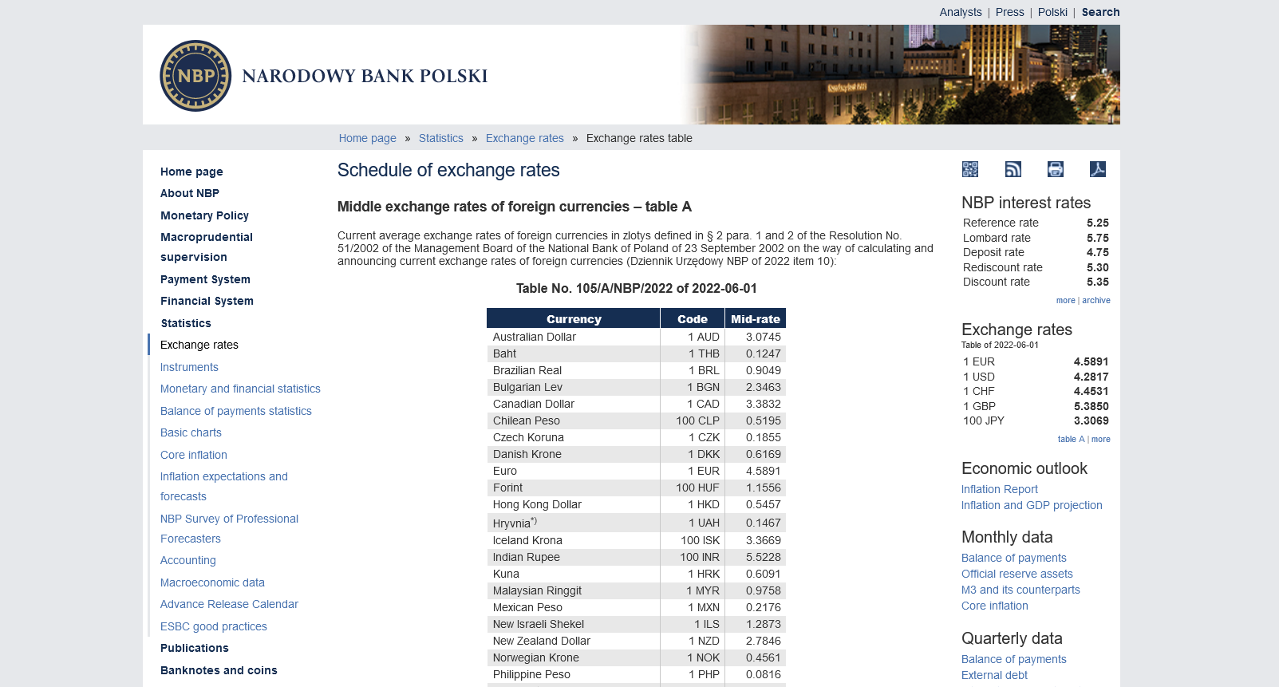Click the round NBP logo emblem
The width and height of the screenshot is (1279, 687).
195,76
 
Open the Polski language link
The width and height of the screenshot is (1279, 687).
1052,12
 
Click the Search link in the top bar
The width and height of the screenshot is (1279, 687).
1100,12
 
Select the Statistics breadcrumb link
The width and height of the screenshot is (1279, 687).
440,138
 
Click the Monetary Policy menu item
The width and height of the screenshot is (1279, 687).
204,215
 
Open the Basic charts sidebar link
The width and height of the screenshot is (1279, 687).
191,432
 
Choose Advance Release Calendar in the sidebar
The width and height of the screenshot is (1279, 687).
229,604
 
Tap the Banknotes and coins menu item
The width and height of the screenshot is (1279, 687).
219,670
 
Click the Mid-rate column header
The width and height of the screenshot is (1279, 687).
755,319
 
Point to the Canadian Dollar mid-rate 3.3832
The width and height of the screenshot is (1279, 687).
763,404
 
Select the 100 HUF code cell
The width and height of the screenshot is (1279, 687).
697,488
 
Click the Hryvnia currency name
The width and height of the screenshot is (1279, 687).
512,523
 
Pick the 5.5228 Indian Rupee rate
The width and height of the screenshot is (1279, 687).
763,557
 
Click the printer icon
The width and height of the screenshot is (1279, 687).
1056,169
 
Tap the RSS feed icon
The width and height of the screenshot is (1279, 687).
1013,169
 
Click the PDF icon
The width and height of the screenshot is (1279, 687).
1098,169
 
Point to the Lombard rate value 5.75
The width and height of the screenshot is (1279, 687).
1097,238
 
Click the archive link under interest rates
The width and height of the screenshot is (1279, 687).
1095,301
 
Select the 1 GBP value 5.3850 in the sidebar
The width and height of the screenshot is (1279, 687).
1091,406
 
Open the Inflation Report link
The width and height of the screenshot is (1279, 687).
999,489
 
